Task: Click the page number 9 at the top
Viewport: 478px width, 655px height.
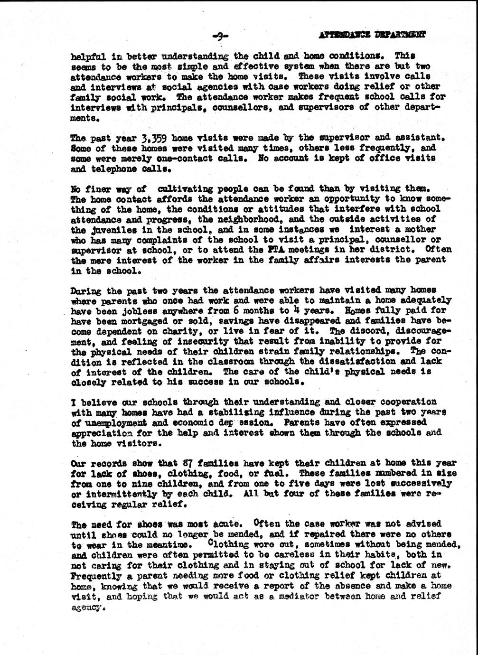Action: click(x=222, y=35)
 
